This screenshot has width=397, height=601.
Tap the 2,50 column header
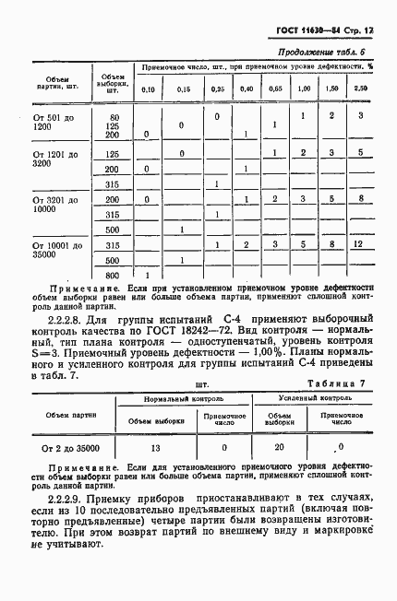(x=361, y=88)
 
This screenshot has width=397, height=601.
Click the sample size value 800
(x=114, y=276)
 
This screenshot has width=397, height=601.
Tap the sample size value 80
(x=114, y=117)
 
